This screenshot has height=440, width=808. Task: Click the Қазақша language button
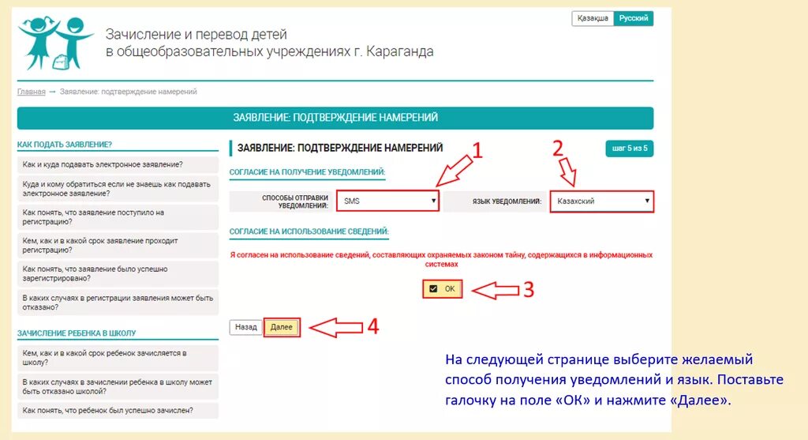592,18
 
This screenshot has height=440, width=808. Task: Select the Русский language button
634,18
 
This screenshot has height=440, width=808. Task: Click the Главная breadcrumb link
31,92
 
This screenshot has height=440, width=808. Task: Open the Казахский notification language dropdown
601,201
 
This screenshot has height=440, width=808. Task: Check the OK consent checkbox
433,289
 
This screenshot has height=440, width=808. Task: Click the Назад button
246,327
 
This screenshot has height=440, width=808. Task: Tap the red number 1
476,151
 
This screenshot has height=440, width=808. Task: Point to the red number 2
558,149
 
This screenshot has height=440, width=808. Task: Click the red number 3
529,290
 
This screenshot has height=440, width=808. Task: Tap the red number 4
373,326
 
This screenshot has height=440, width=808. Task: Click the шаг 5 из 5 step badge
630,148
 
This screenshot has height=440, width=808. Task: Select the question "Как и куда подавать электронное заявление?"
103,164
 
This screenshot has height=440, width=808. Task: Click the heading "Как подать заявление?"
65,145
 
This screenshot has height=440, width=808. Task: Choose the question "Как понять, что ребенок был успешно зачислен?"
108,411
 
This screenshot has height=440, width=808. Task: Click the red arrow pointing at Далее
335,327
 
